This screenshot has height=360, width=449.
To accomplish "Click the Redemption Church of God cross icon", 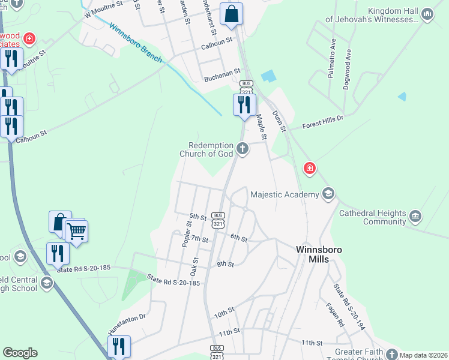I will pyautogui.click(x=242, y=148).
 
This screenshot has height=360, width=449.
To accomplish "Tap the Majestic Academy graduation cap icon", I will pyautogui.click(x=328, y=194).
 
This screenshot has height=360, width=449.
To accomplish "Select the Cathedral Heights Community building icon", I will pyautogui.click(x=415, y=217).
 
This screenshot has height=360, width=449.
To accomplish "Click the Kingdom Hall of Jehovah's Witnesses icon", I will pyautogui.click(x=427, y=14).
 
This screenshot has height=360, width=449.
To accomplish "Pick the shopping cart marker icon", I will pyautogui.click(x=76, y=230).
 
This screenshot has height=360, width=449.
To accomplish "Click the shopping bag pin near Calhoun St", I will pyautogui.click(x=231, y=14).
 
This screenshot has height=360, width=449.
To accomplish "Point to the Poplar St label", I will pyautogui.click(x=187, y=233).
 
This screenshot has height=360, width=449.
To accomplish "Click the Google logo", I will pyautogui.click(x=20, y=353).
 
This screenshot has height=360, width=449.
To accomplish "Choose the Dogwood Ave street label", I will pyautogui.click(x=347, y=75).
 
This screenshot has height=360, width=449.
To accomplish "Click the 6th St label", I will pyautogui.click(x=239, y=238).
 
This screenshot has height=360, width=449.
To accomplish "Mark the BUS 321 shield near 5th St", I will pyautogui.click(x=218, y=219).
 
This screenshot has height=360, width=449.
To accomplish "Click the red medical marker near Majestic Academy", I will pyautogui.click(x=309, y=168).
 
